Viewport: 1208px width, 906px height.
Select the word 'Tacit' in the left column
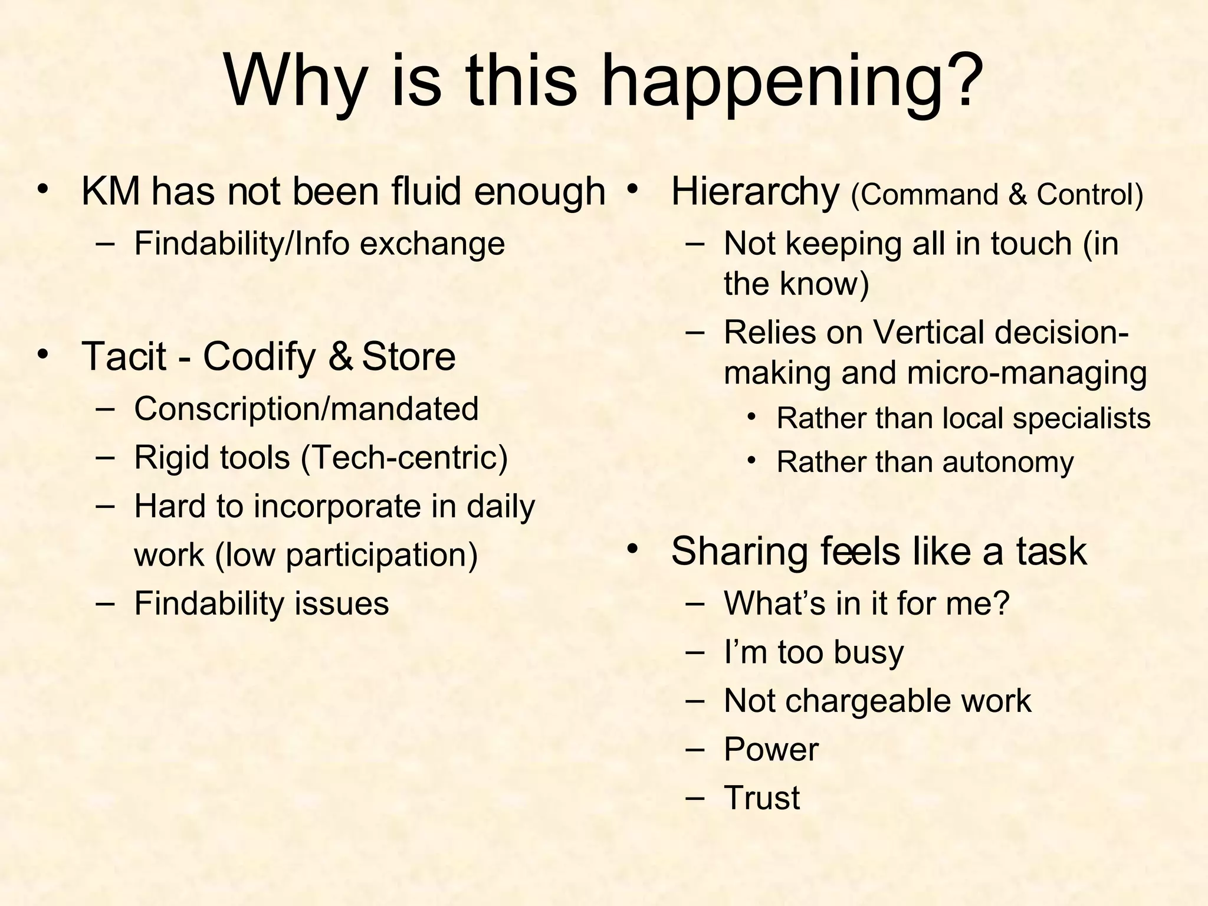click(124, 356)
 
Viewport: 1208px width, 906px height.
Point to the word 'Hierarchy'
click(755, 193)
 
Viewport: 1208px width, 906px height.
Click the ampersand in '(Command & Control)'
click(1017, 195)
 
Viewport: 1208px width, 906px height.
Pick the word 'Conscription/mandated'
click(306, 409)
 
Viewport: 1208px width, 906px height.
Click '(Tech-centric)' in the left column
click(404, 458)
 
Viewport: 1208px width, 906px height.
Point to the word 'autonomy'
click(1008, 462)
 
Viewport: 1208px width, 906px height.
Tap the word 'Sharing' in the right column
click(739, 552)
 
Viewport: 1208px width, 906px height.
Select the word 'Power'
click(771, 750)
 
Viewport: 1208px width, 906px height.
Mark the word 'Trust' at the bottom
click(761, 798)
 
